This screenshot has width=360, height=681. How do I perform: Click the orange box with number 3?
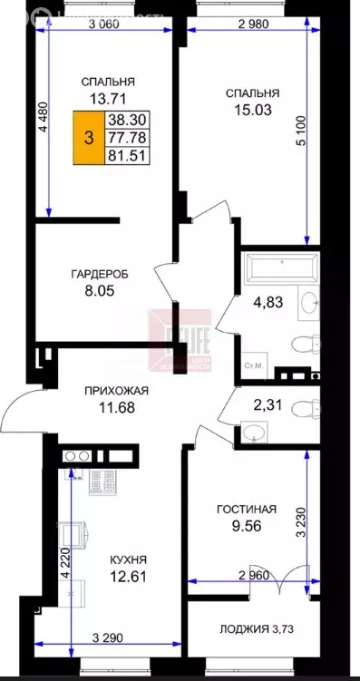[88, 138]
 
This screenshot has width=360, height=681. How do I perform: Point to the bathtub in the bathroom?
[280, 268]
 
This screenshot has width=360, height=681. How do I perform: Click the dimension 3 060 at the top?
[105, 24]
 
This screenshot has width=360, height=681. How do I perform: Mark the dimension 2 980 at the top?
[255, 24]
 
